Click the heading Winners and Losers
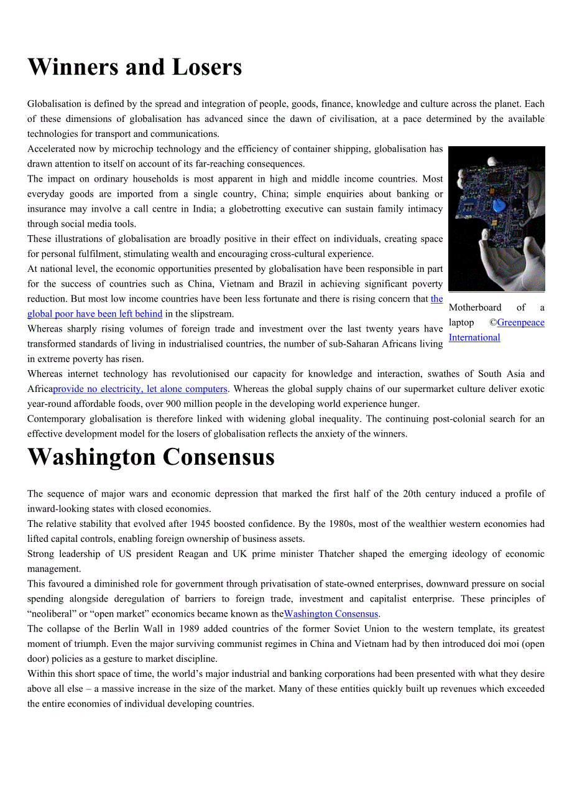tap(134, 67)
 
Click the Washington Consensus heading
tap(151, 457)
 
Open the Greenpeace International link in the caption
tap(497, 330)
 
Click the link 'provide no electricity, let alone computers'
tap(141, 389)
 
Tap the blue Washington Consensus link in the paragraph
tap(331, 613)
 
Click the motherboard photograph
tap(496, 219)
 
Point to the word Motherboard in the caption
tap(475, 307)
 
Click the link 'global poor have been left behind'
tap(95, 314)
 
